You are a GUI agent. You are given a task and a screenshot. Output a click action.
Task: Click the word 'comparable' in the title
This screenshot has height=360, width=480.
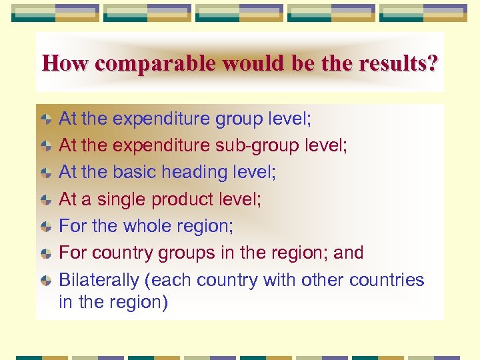(155, 64)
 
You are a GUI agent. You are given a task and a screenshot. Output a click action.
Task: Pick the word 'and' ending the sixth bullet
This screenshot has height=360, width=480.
(349, 253)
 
